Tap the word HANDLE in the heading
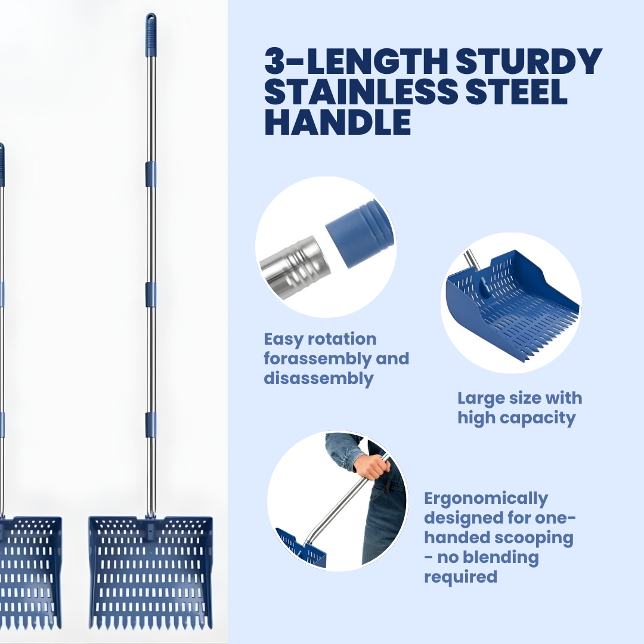tap(338, 122)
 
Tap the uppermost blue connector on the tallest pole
tap(151, 174)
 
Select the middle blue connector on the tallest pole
tap(151, 295)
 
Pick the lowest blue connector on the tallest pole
tap(151, 425)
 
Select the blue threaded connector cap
tap(360, 233)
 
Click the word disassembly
tap(318, 378)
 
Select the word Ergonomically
tap(485, 499)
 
